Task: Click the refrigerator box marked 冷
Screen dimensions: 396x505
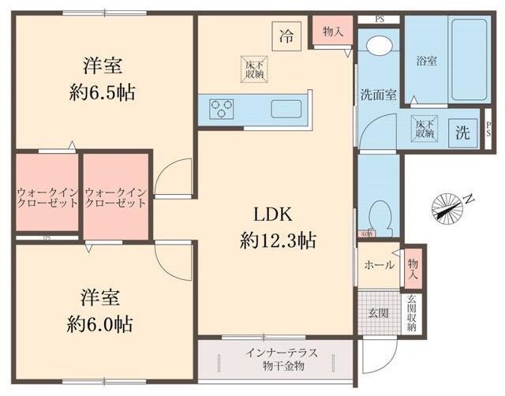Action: pos(287,35)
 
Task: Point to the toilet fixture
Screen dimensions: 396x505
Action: pos(380,212)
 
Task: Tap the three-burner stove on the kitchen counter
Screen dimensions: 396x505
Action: pos(221,108)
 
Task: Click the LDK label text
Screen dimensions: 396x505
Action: pos(273,215)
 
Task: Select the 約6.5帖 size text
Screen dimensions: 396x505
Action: pos(100,92)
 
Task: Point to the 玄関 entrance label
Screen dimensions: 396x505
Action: pos(378,313)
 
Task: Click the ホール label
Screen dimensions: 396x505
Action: pos(379,266)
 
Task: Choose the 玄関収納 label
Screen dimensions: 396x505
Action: pos(412,313)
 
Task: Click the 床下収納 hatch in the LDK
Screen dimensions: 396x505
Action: pos(253,69)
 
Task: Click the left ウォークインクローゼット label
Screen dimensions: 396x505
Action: pos(47,196)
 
